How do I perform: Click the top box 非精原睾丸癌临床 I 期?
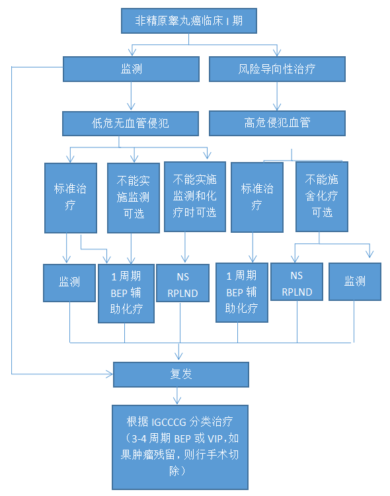tap(189, 21)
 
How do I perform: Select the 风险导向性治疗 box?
tap(277, 69)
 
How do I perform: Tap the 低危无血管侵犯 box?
tap(130, 124)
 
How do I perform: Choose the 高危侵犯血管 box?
tap(277, 123)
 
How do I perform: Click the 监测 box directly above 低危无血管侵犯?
tap(131, 69)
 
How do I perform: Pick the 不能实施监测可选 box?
tap(133, 198)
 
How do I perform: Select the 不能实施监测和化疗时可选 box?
tap(195, 197)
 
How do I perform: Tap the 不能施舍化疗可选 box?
tap(322, 197)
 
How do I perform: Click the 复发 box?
tap(181, 374)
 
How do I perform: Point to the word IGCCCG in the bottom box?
tap(169, 422)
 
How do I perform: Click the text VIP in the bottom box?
tap(215, 438)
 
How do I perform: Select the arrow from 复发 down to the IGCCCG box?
tap(177, 395)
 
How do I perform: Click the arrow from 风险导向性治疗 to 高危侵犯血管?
tap(277, 96)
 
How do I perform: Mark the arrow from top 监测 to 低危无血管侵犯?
tap(131, 96)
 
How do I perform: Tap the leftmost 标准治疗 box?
tap(71, 198)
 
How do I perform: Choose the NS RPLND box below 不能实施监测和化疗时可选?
tap(183, 283)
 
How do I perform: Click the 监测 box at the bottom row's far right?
tap(355, 282)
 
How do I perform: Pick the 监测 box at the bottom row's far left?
tap(69, 283)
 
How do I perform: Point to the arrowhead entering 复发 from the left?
tap(110, 374)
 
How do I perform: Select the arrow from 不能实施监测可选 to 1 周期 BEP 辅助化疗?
tap(131, 249)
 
